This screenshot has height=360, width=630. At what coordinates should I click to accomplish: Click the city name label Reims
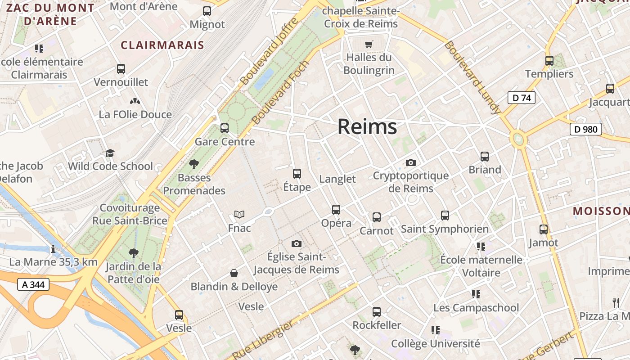367,126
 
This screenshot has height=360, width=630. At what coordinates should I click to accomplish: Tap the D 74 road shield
522,98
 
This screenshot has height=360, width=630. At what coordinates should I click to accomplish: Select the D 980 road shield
585,130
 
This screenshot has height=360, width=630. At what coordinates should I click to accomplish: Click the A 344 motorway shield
33,284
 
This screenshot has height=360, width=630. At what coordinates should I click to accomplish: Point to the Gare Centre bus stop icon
225,128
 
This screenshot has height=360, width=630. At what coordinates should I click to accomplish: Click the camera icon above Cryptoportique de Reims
410,162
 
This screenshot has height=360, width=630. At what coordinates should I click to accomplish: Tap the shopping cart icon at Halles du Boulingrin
369,44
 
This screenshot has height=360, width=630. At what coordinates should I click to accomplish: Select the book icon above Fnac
239,215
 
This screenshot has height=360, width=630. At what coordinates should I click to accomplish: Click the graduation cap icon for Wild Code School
110,153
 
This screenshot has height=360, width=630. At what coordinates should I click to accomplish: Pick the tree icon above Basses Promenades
194,164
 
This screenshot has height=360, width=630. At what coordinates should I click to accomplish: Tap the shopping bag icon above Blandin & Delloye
234,273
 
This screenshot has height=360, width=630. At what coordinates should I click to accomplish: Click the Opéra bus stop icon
336,209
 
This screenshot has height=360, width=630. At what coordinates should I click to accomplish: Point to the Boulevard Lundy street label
472,77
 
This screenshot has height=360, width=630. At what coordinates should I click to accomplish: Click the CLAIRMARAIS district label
162,45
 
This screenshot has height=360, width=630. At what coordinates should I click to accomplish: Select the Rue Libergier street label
264,340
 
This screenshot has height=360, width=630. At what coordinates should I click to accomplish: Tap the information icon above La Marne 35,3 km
53,249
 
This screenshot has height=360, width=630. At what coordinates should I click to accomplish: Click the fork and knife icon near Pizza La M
616,302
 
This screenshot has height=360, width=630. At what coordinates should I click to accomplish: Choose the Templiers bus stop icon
549,60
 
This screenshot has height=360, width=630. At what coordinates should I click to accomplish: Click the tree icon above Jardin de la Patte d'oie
133,253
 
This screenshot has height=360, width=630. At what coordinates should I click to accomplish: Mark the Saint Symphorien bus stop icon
445,216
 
